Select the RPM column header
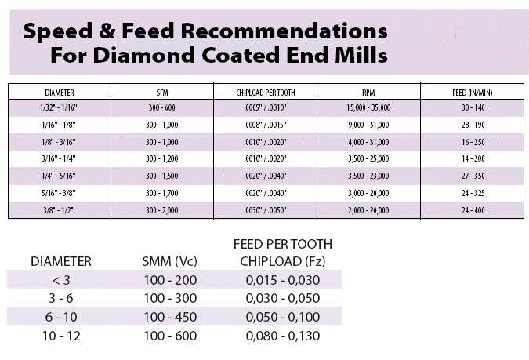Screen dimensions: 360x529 [368, 92]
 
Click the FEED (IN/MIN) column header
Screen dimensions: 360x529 [473, 92]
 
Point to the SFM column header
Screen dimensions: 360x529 [161, 92]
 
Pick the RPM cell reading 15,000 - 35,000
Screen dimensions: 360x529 [368, 106]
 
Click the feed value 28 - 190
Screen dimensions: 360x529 [473, 124]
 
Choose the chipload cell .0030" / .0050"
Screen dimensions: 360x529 [265, 210]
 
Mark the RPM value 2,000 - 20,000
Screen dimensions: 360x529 [368, 210]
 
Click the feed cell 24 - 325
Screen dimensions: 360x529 [473, 193]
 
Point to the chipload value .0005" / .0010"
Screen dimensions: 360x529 [265, 106]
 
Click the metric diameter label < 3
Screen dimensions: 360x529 [61, 280]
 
